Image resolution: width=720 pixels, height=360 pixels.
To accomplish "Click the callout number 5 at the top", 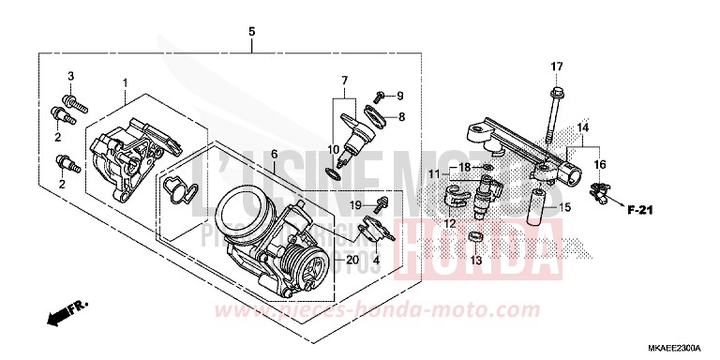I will click(251, 32).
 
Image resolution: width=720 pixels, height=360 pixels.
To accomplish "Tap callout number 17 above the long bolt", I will click(556, 66).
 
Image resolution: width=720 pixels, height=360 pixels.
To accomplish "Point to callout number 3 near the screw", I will click(69, 74).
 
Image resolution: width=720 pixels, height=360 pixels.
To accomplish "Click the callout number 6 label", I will click(274, 154).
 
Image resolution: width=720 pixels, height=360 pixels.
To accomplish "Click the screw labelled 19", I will click(382, 203).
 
